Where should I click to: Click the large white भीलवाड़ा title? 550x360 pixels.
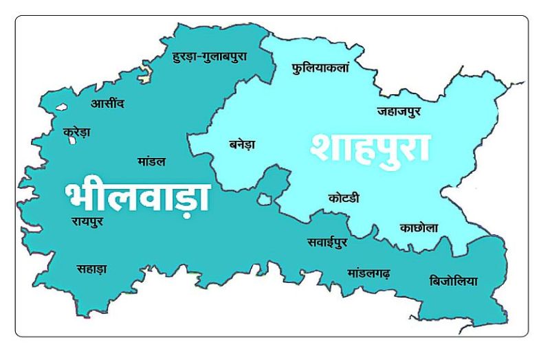[x=137, y=195]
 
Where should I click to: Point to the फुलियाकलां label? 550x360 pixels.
[x=320, y=68]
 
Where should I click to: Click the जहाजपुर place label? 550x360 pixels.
[x=399, y=111]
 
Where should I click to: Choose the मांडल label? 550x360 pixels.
[x=151, y=161]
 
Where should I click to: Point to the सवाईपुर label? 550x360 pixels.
[x=327, y=243]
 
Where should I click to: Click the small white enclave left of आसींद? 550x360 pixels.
[x=60, y=108]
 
